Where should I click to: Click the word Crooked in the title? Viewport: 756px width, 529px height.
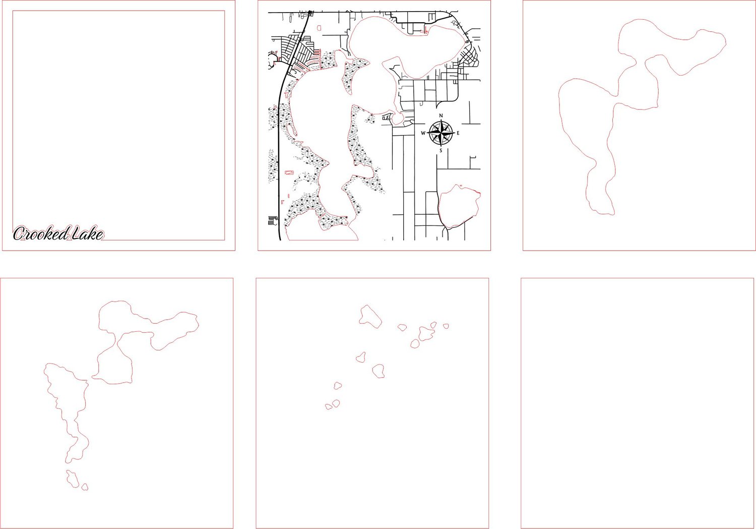pyautogui.click(x=41, y=233)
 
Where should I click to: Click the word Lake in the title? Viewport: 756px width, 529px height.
pyautogui.click(x=87, y=233)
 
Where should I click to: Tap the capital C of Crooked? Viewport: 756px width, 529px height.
pyautogui.click(x=19, y=233)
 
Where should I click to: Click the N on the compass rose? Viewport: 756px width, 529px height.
pyautogui.click(x=441, y=115)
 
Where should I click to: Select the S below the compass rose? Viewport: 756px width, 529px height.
pyautogui.click(x=440, y=151)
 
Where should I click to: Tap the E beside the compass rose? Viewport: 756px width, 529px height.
pyautogui.click(x=458, y=133)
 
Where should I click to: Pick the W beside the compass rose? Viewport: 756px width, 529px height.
pyautogui.click(x=423, y=133)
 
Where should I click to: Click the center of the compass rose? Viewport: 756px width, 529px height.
pyautogui.click(x=441, y=133)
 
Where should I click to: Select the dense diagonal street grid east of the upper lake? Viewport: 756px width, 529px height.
pyautogui.click(x=469, y=57)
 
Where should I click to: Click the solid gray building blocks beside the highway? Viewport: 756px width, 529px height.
pyautogui.click(x=271, y=221)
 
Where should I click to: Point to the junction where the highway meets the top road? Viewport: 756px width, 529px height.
pyautogui.click(x=310, y=13)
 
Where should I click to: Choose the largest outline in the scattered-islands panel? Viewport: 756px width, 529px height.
pyautogui.click(x=370, y=316)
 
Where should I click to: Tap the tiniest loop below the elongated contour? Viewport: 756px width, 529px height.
pyautogui.click(x=85, y=487)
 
